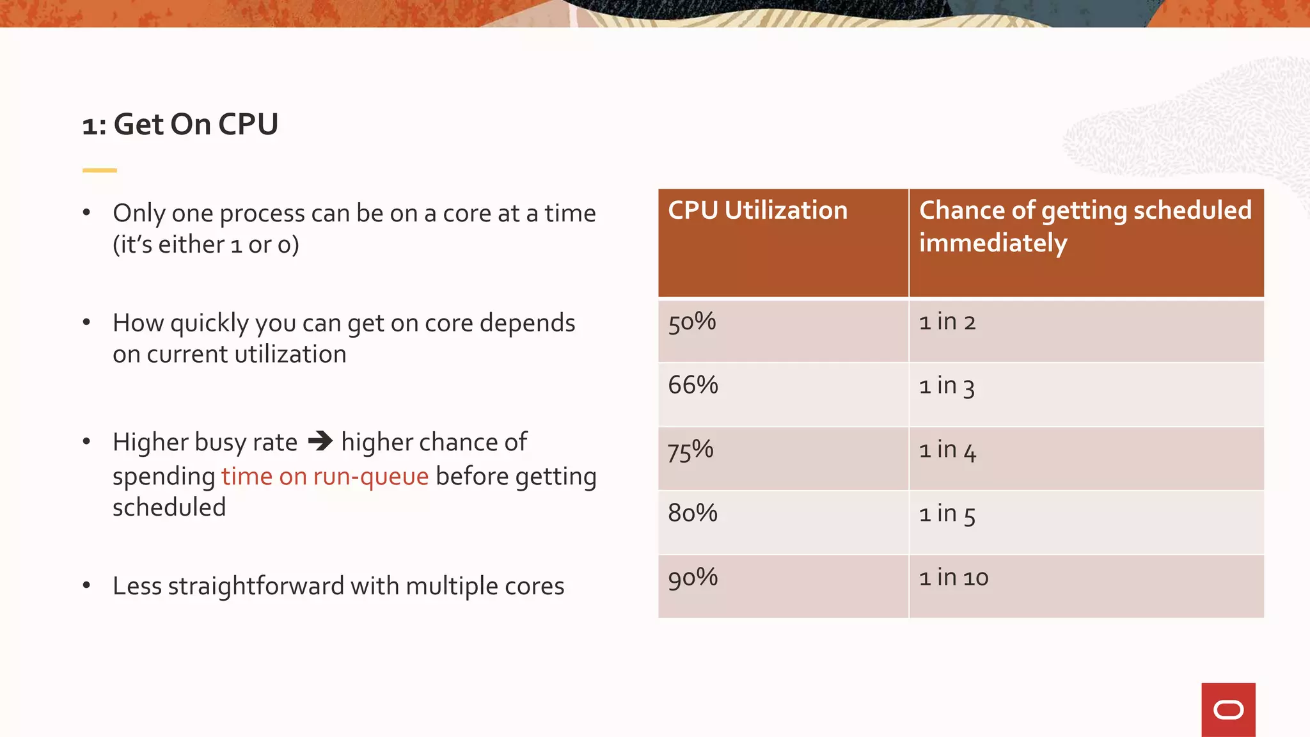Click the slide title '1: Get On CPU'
[180, 124]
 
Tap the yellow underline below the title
[99, 170]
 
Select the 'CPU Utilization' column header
[757, 210]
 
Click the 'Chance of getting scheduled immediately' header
[1085, 226]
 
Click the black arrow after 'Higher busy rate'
[320, 441]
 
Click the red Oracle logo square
[1228, 709]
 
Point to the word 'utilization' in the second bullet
[291, 354]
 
